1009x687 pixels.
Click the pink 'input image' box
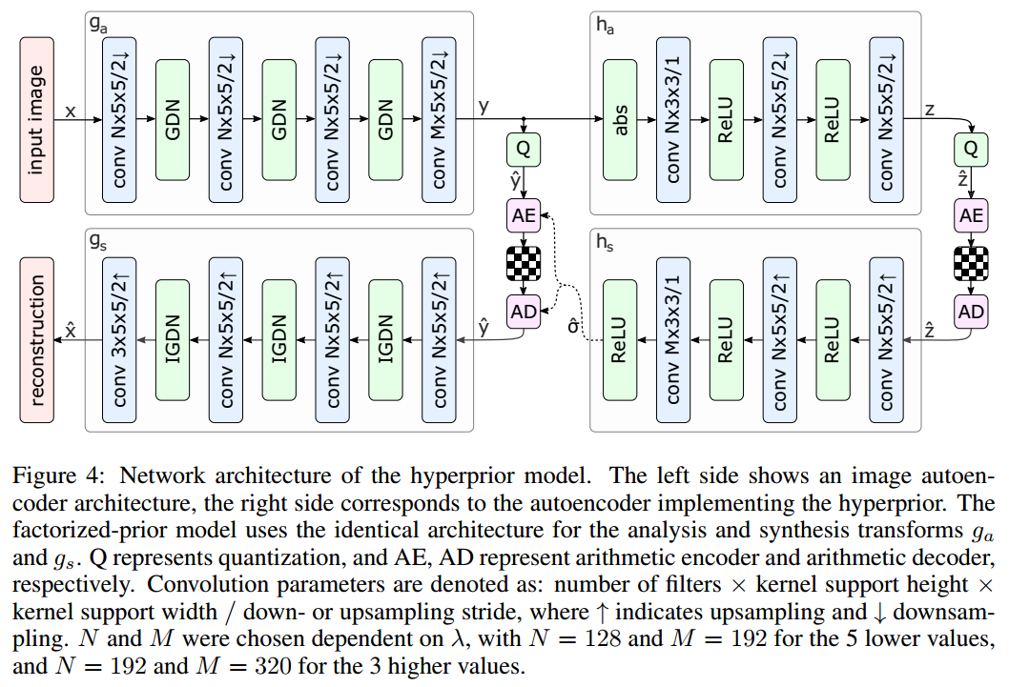pyautogui.click(x=37, y=120)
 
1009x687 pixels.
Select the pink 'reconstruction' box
pyautogui.click(x=37, y=338)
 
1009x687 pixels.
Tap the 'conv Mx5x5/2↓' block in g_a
pyautogui.click(x=439, y=120)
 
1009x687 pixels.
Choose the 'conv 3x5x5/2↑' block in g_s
pyautogui.click(x=120, y=338)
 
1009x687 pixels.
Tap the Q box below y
pyautogui.click(x=524, y=150)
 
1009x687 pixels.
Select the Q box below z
pyautogui.click(x=971, y=150)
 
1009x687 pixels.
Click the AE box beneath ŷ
pyautogui.click(x=524, y=215)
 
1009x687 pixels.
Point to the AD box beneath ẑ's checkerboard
pyautogui.click(x=971, y=311)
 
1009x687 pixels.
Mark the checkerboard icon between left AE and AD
pyautogui.click(x=524, y=263)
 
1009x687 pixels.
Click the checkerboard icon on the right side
pyautogui.click(x=971, y=263)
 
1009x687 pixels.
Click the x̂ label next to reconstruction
pyautogui.click(x=71, y=329)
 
